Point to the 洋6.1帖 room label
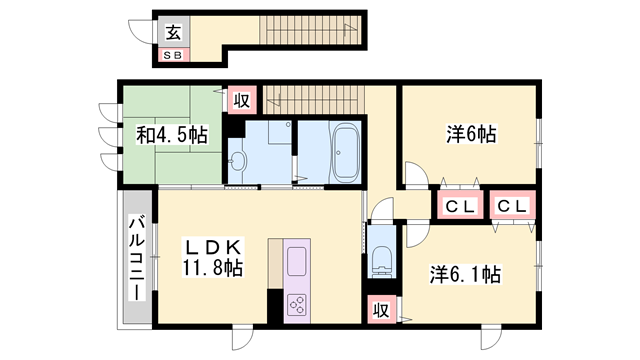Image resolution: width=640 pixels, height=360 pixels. click(466, 273)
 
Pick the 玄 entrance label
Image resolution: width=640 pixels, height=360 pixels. click(173, 32)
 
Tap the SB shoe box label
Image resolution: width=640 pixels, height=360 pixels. click(173, 55)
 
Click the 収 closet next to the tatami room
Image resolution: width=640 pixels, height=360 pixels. click(241, 100)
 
